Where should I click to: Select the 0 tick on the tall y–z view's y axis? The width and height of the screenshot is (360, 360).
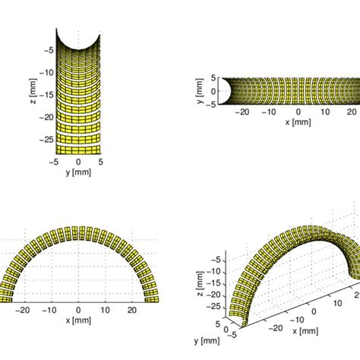tap(77, 161)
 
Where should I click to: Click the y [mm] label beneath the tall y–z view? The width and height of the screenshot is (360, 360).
tap(77, 172)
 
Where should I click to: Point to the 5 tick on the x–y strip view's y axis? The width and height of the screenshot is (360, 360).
tap(213, 77)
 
